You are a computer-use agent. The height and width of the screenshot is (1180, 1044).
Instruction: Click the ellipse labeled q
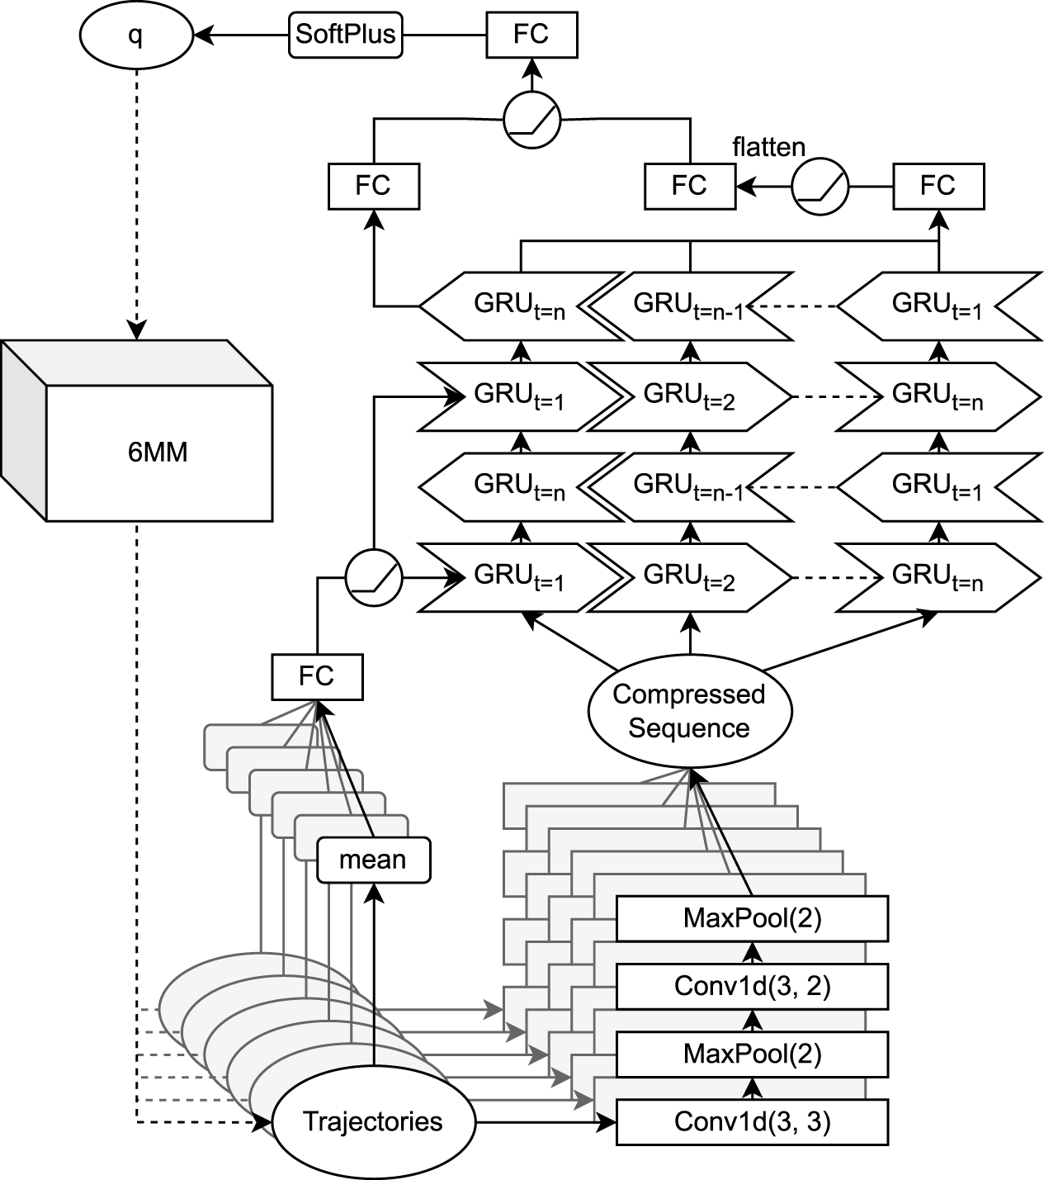135,36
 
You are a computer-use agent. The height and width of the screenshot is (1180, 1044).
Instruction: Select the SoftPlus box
346,35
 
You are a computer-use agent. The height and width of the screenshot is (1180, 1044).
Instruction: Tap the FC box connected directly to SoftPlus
531,35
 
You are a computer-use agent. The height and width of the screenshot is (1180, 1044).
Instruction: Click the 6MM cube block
158,453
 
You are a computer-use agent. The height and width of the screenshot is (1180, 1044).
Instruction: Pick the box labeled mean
373,860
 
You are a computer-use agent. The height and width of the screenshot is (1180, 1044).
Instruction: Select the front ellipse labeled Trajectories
373,1122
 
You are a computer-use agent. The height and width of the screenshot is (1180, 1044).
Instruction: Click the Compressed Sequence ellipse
689,711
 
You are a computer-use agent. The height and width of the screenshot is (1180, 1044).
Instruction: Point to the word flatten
768,147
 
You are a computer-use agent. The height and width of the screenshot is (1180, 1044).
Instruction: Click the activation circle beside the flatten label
820,187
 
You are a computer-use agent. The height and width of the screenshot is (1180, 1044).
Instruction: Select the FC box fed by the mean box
316,677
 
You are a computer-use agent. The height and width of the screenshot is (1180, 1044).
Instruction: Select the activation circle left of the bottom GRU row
372,576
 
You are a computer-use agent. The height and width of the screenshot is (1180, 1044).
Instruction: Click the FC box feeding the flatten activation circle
938,186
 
